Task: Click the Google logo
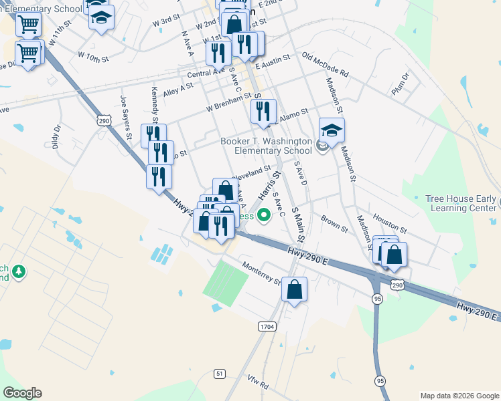(x=22, y=393)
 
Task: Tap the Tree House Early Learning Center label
(x=461, y=203)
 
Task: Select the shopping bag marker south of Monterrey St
(x=294, y=291)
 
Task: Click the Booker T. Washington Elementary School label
(x=266, y=146)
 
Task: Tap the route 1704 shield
(x=267, y=326)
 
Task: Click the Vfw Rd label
(x=257, y=386)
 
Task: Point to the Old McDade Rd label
(x=326, y=65)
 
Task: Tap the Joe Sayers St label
(x=125, y=118)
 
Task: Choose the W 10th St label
(x=92, y=55)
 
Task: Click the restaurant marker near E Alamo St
(x=263, y=112)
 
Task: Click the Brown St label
(x=334, y=223)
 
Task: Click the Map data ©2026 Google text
(x=459, y=396)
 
